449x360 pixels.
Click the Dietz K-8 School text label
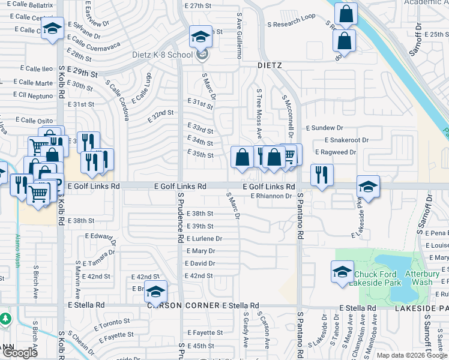[163, 55]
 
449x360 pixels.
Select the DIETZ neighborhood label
[270, 65]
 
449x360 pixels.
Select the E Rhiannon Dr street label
[271, 196]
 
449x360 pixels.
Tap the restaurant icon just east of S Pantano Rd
[322, 175]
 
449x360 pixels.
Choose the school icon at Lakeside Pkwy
[367, 186]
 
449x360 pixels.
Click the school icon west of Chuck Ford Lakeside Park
[342, 272]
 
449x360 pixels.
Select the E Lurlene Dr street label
[205, 238]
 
